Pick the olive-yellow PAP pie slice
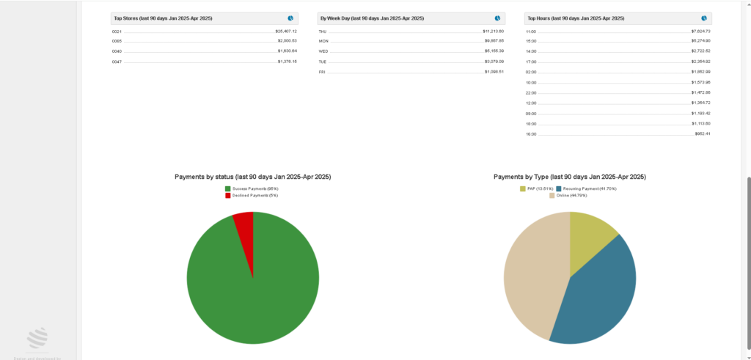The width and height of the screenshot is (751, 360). pyautogui.click(x=590, y=231)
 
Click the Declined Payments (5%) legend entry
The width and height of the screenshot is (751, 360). pyautogui.click(x=252, y=195)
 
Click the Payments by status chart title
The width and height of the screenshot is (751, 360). pyautogui.click(x=252, y=177)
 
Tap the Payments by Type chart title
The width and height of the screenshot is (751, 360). pyautogui.click(x=569, y=177)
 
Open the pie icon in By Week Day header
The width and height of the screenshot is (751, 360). pyautogui.click(x=498, y=18)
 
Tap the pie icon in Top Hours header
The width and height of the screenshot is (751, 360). pyautogui.click(x=704, y=18)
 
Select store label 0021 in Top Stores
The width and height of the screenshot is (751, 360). pyautogui.click(x=117, y=32)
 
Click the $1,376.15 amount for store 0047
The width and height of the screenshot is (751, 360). pyautogui.click(x=287, y=62)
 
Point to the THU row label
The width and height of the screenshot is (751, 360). pyautogui.click(x=323, y=32)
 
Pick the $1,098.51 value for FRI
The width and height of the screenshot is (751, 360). pyautogui.click(x=494, y=72)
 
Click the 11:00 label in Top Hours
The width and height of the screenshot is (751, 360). pyautogui.click(x=531, y=32)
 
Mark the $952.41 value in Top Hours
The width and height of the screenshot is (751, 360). pyautogui.click(x=702, y=134)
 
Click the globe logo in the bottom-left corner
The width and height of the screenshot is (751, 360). pyautogui.click(x=37, y=337)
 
